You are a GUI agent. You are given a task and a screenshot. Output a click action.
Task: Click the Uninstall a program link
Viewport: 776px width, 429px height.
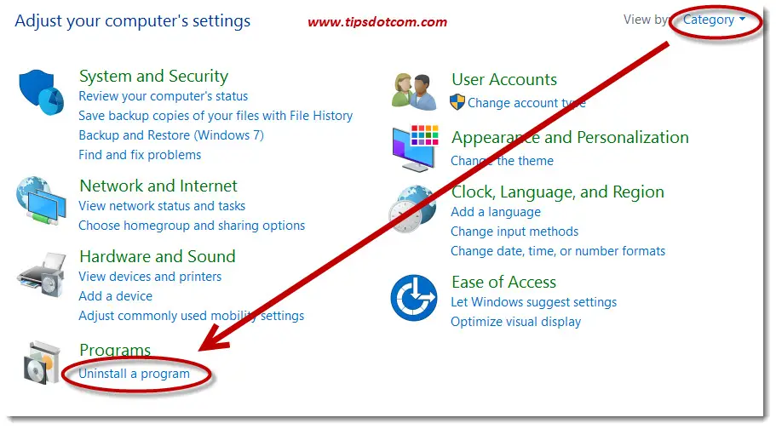coord(134,374)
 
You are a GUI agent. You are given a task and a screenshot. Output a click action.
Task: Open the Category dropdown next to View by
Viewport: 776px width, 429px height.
coord(714,20)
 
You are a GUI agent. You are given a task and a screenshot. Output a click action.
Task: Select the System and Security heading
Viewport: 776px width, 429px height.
coord(154,76)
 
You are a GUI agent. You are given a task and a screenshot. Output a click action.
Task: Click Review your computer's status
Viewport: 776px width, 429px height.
coord(164,96)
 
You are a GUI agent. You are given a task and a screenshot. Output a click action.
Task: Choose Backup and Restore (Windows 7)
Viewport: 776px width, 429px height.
coord(171,135)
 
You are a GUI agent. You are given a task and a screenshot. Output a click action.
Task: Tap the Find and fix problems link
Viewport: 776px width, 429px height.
coord(140,155)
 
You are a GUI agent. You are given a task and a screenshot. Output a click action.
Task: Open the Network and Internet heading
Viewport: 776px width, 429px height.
coord(158,186)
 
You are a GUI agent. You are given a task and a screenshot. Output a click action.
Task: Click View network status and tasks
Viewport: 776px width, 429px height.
coord(162,206)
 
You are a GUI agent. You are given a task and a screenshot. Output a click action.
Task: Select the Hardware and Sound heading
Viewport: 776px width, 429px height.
coord(158,256)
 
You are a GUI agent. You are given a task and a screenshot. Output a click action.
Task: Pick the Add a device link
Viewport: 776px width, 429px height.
coord(115,296)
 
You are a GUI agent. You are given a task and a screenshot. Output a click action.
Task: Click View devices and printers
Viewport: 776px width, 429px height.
coord(150,276)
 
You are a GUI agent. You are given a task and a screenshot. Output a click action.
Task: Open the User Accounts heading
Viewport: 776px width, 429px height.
coord(504,79)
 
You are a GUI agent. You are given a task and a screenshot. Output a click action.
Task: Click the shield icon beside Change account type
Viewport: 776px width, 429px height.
coord(457,102)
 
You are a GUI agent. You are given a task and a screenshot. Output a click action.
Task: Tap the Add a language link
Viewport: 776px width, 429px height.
coord(496,212)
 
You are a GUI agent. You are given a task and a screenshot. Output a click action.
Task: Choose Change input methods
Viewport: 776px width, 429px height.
coord(514,232)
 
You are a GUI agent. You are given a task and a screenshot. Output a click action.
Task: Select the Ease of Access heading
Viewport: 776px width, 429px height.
coord(503,282)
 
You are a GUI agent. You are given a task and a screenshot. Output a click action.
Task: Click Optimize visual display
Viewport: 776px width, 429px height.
coord(515,322)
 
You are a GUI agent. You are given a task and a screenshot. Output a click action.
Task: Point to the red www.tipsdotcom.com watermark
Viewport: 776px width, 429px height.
coord(377,22)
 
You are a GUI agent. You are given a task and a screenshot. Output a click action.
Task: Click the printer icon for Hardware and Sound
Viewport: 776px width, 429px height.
coord(43,275)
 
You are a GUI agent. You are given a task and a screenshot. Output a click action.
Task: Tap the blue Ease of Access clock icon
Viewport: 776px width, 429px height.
coord(414,298)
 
